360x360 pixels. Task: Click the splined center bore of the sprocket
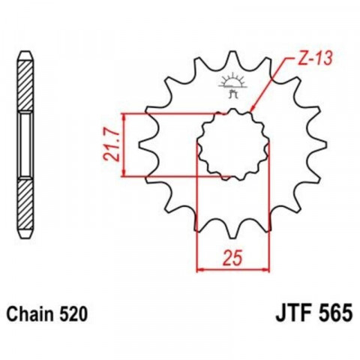click(x=233, y=145)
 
